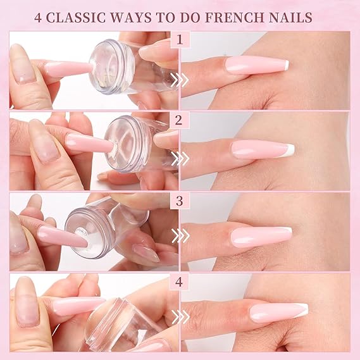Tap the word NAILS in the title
pos(290,18)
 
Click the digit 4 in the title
pos(38,18)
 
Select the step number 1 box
pos(180,40)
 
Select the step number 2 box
pos(180,120)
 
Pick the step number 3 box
pos(180,201)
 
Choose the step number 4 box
pos(180,282)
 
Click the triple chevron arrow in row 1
pos(180,80)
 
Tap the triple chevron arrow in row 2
pos(180,158)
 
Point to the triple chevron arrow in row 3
pos(180,236)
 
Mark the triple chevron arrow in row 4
pos(181,317)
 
